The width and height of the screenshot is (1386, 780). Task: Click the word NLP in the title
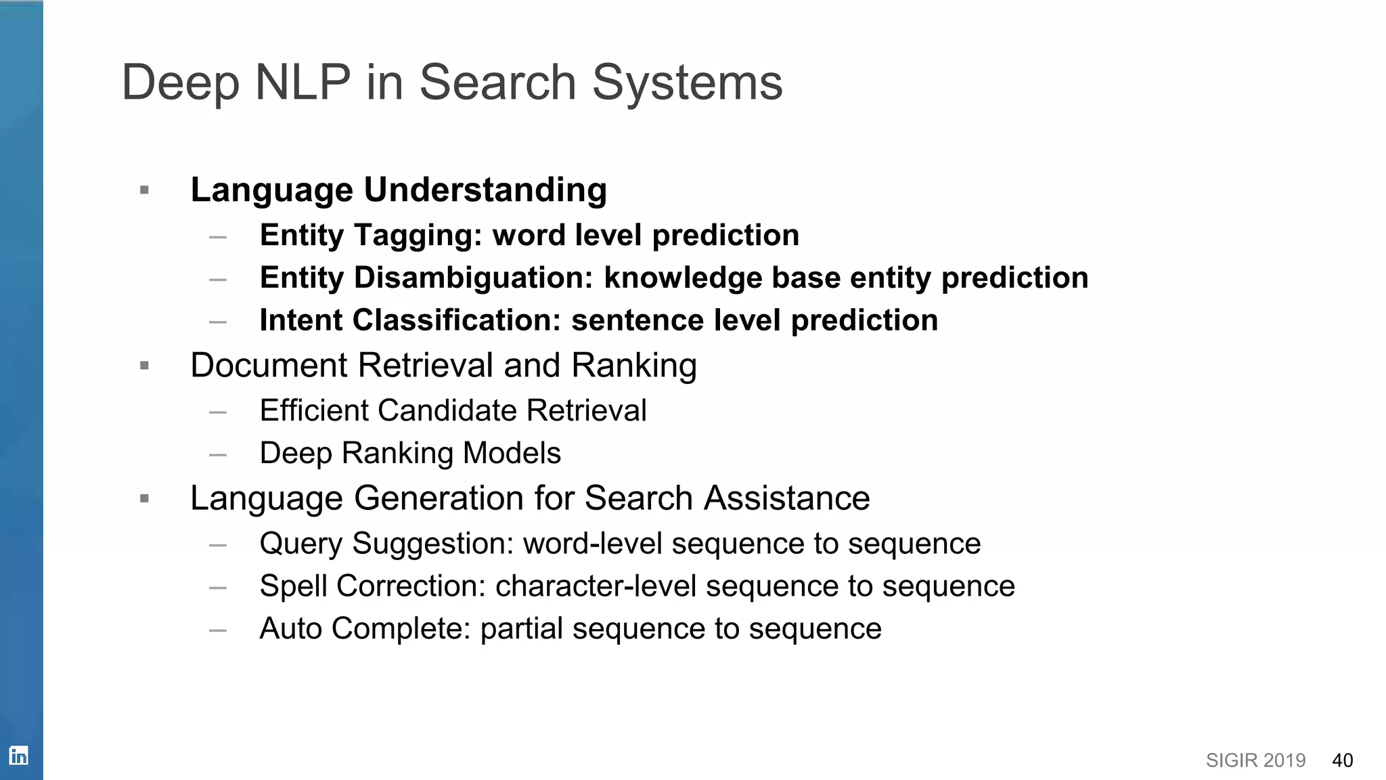pyautogui.click(x=303, y=83)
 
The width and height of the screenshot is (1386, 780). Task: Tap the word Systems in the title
pyautogui.click(x=687, y=83)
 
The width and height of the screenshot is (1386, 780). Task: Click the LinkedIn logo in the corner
pyautogui.click(x=18, y=755)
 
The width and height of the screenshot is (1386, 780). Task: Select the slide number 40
pyautogui.click(x=1342, y=760)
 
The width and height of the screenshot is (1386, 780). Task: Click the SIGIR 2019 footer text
pyautogui.click(x=1255, y=760)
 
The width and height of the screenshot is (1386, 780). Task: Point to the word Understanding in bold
pyautogui.click(x=485, y=190)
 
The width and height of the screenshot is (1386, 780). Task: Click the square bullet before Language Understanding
pyautogui.click(x=144, y=190)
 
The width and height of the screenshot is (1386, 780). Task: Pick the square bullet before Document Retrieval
pyautogui.click(x=144, y=366)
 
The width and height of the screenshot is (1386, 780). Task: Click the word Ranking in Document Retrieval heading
pyautogui.click(x=633, y=366)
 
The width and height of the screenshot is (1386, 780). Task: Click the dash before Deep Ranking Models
pyautogui.click(x=218, y=454)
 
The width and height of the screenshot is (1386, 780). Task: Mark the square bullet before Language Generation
pyautogui.click(x=144, y=499)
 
